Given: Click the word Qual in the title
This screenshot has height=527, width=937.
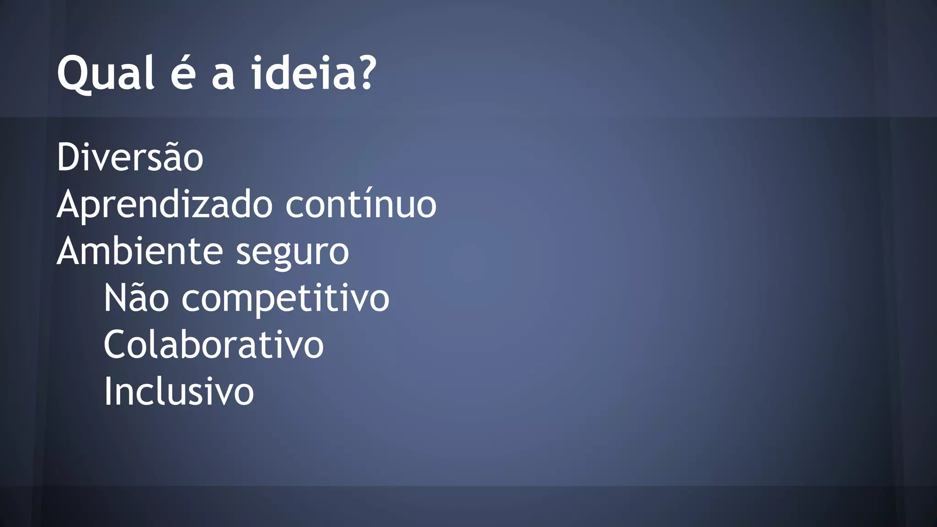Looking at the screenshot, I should click(x=105, y=73).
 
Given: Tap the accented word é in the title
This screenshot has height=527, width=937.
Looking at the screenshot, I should click(x=183, y=73).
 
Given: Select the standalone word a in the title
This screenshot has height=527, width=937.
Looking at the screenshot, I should click(x=223, y=75).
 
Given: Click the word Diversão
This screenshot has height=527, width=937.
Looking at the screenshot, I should click(x=130, y=157).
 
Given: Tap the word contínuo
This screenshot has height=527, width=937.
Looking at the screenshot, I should click(x=361, y=204).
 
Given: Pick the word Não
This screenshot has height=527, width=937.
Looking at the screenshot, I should click(x=136, y=298).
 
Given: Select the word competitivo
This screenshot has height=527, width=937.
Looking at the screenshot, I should click(x=285, y=300).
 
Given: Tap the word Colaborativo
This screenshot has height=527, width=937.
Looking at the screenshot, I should click(x=214, y=344).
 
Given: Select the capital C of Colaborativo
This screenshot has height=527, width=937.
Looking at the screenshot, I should click(x=115, y=344).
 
